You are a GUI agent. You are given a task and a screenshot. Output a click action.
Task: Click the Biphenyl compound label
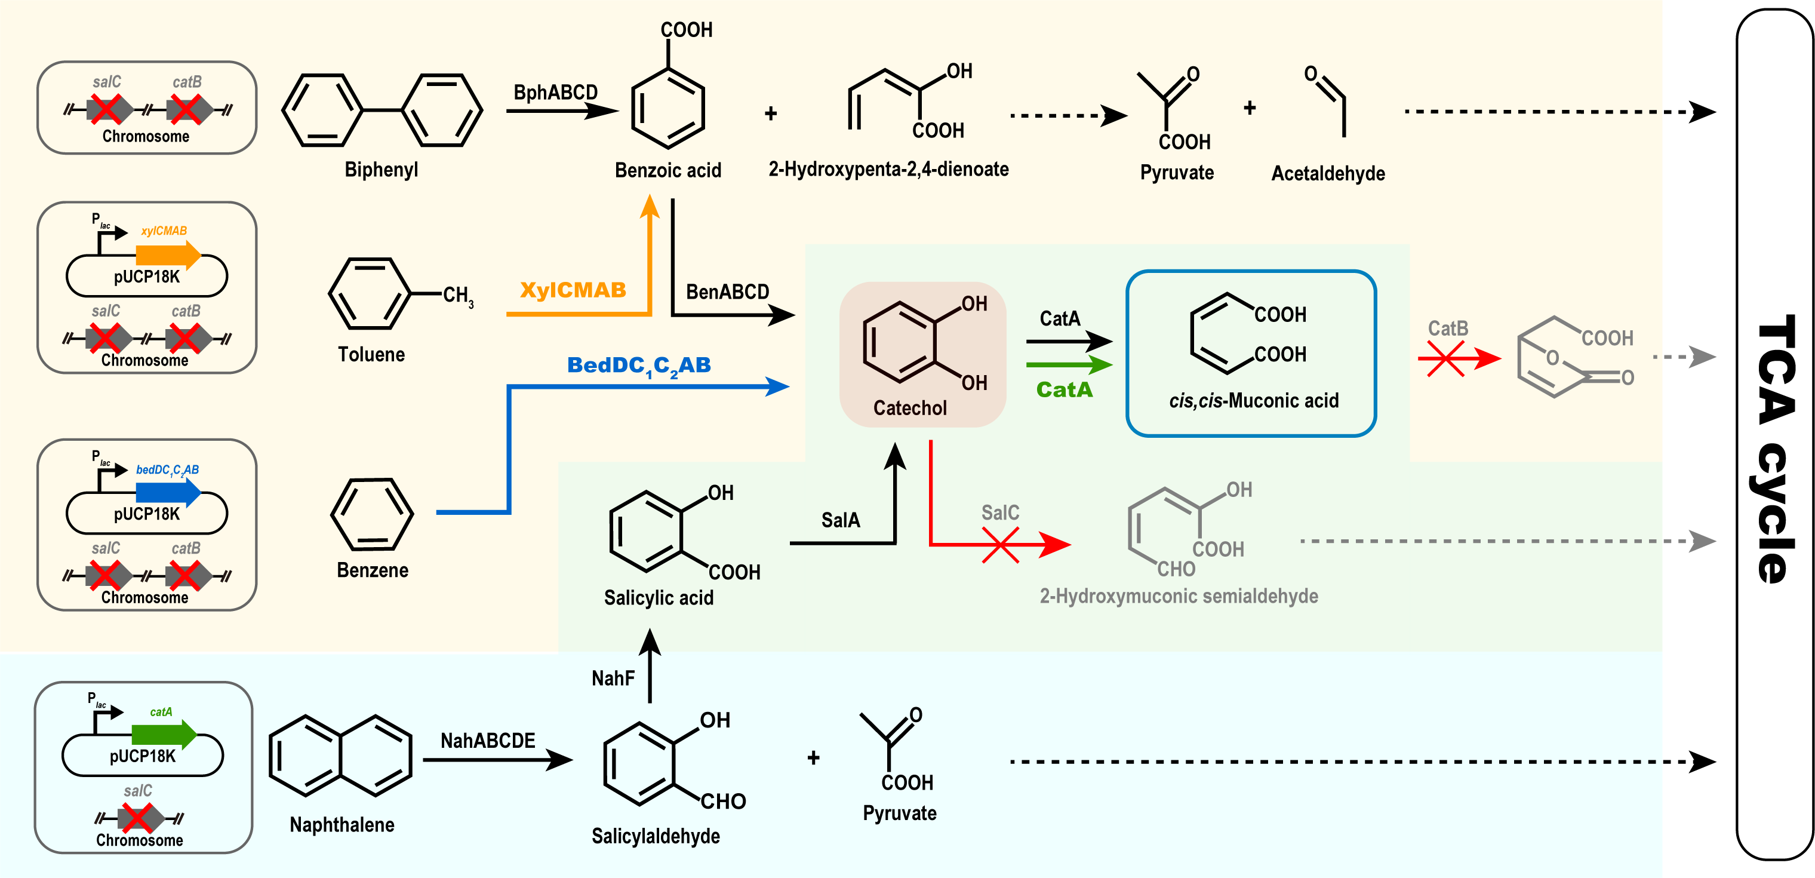pyautogui.click(x=381, y=170)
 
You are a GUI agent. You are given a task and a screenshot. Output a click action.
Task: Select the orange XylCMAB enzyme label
pyautogui.click(x=573, y=290)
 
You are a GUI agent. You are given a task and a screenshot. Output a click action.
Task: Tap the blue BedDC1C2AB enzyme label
pyautogui.click(x=638, y=366)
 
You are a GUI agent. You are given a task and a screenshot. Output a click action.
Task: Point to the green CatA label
pyautogui.click(x=1064, y=389)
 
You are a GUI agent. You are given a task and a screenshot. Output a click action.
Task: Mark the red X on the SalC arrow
pyautogui.click(x=1001, y=545)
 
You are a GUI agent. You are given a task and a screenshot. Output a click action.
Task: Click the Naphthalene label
pyautogui.click(x=342, y=824)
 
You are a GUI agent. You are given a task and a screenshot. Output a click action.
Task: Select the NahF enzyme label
pyautogui.click(x=613, y=679)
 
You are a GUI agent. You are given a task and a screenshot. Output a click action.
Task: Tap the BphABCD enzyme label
pyautogui.click(x=555, y=93)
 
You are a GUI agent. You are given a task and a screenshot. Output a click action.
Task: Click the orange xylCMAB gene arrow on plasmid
pyautogui.click(x=168, y=254)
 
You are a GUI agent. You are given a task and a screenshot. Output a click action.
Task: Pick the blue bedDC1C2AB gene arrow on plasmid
pyautogui.click(x=168, y=492)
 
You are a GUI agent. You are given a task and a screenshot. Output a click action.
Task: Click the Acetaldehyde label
pyautogui.click(x=1327, y=173)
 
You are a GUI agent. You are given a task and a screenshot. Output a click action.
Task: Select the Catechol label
pyautogui.click(x=910, y=408)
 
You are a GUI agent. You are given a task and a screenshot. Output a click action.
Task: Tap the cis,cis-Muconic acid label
pyautogui.click(x=1253, y=401)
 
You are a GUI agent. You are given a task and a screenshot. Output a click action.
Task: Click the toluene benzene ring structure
pyautogui.click(x=369, y=294)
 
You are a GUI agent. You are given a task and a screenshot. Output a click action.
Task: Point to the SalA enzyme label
pyautogui.click(x=841, y=520)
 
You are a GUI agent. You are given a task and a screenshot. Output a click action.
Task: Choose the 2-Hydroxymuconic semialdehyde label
pyautogui.click(x=1179, y=596)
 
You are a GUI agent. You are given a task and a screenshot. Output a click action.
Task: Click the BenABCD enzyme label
pyautogui.click(x=727, y=291)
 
